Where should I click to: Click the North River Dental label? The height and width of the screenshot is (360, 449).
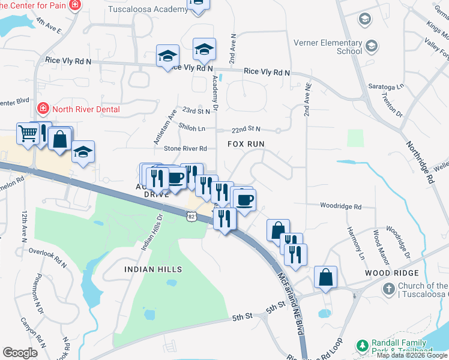click(x=86, y=109)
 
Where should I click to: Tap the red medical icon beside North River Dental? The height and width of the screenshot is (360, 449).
click(x=43, y=109)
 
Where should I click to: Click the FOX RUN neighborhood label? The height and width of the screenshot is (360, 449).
click(x=246, y=145)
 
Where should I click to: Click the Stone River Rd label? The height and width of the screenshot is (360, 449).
click(x=185, y=148)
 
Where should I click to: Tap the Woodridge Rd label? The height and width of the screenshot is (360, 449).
click(x=340, y=207)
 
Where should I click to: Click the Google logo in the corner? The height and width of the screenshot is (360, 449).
click(x=20, y=353)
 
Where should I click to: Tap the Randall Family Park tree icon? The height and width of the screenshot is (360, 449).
click(x=361, y=346)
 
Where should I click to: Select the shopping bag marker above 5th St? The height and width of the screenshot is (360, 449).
click(x=325, y=278)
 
